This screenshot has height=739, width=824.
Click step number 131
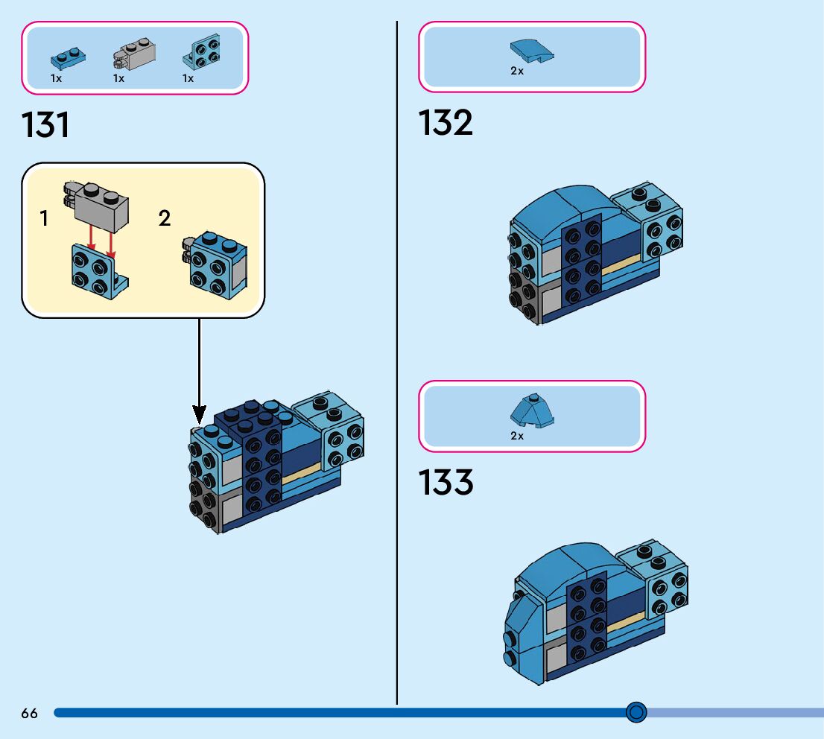[x=46, y=125]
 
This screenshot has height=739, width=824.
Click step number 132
[x=446, y=123]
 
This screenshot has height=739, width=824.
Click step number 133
[x=446, y=483]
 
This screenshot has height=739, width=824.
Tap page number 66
[x=29, y=714]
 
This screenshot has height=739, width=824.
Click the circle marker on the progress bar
[x=636, y=713]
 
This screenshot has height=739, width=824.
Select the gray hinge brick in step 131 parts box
[x=132, y=53]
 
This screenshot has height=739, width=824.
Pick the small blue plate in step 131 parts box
[x=66, y=57]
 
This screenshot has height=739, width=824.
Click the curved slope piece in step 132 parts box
[x=532, y=51]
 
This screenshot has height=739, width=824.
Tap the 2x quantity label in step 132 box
[x=517, y=72]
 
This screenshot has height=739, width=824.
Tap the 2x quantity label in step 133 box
[x=517, y=436]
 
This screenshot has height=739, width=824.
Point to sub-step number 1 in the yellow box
[x=45, y=218]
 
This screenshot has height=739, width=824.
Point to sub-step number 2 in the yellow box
[x=165, y=218]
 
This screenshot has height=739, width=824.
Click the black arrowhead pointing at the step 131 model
[x=199, y=413]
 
